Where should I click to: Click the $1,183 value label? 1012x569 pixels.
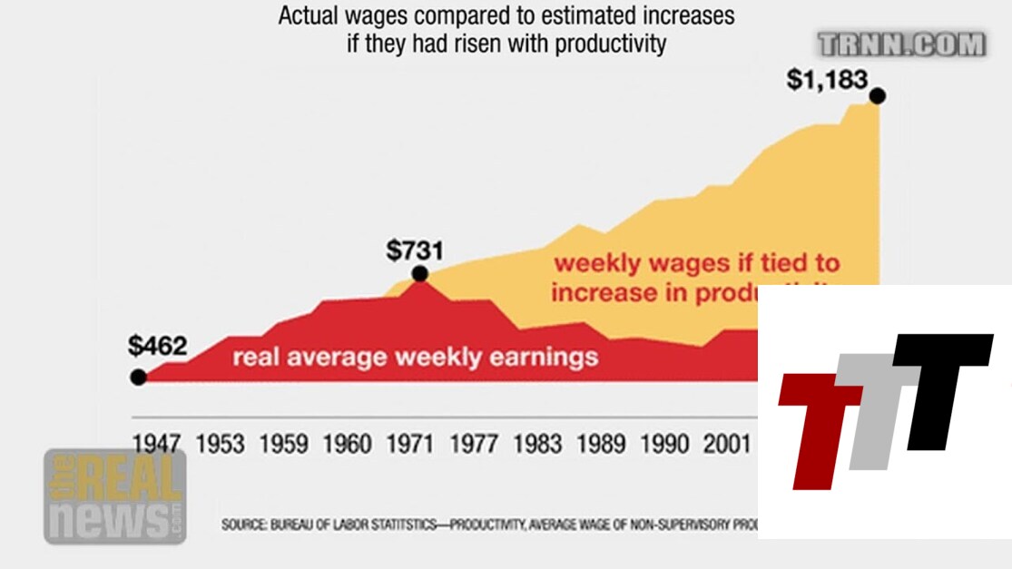(x=827, y=81)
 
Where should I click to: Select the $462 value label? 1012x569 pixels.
(x=157, y=346)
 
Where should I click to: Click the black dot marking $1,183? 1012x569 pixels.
(x=877, y=95)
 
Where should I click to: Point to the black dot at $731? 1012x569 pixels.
(x=419, y=273)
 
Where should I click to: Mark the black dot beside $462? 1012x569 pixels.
(x=138, y=377)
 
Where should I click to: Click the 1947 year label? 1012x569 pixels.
(x=156, y=444)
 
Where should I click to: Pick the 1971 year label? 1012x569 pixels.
(x=409, y=444)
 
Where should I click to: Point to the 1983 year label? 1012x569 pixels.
(x=535, y=444)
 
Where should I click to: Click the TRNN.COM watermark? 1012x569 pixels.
(x=900, y=44)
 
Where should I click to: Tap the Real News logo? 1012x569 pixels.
(x=114, y=495)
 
